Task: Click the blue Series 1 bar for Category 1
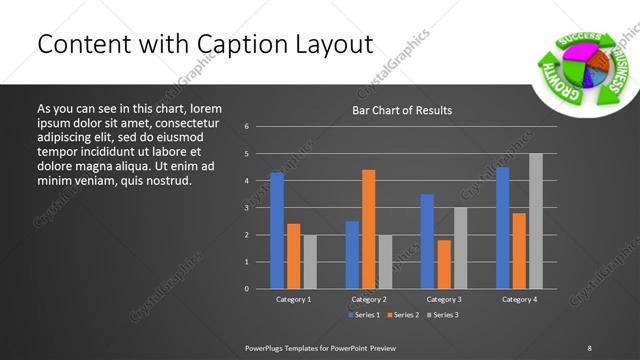click(x=277, y=231)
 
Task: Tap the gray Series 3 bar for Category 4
click(x=535, y=221)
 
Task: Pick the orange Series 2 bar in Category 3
click(x=443, y=264)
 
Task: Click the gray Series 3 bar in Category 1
click(x=309, y=262)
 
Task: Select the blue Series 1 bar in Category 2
click(x=352, y=255)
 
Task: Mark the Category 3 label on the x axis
click(x=443, y=299)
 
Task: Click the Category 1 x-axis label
click(x=293, y=299)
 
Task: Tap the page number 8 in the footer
click(x=589, y=346)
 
